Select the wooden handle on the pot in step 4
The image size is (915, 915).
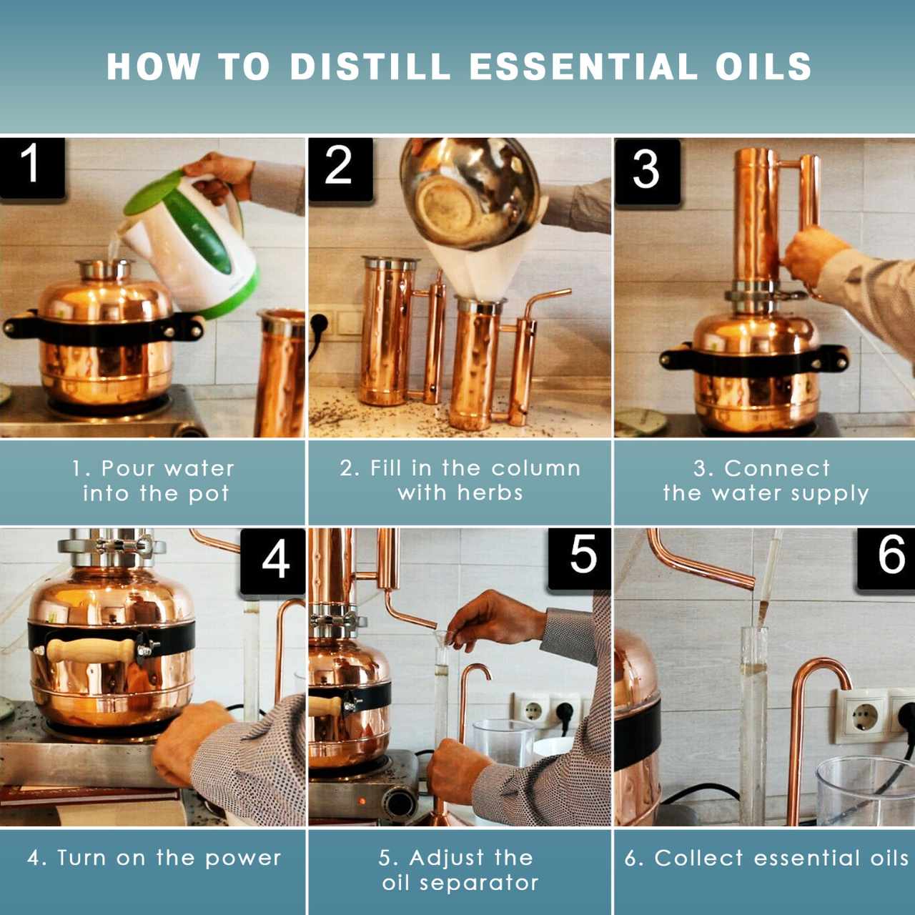click(x=89, y=650)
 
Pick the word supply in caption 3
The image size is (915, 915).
click(x=834, y=493)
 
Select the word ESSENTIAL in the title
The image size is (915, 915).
click(x=583, y=66)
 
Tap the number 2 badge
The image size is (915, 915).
click(x=338, y=167)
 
